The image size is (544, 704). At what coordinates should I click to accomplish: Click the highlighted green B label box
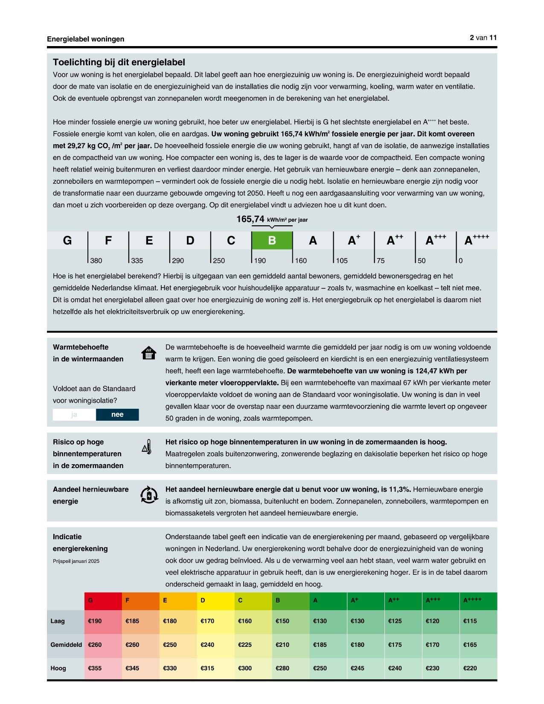272,241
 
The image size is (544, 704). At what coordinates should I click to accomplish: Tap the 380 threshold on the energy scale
96,261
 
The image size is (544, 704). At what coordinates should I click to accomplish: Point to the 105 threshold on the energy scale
341,261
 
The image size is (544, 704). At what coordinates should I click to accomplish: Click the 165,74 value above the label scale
250,219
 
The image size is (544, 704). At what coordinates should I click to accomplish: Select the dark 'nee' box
117,415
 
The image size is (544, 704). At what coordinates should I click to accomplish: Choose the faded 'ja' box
74,415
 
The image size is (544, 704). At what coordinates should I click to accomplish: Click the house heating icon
148,353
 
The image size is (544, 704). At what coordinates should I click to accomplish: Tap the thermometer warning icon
147,446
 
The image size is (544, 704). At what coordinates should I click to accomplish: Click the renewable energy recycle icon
148,495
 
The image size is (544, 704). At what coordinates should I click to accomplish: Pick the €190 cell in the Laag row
95,621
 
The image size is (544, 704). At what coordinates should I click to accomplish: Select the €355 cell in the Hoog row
95,668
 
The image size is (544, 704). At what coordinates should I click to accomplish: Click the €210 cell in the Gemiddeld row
282,645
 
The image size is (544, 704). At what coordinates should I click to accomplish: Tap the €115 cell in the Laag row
470,621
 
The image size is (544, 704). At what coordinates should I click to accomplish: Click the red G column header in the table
103,601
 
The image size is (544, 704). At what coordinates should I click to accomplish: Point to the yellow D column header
215,601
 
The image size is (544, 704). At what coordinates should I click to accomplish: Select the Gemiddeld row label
66,645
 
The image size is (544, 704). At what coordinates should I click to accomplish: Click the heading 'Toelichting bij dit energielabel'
119,62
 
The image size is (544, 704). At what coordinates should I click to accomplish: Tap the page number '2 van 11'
483,38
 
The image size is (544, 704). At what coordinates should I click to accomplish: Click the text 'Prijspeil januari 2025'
76,561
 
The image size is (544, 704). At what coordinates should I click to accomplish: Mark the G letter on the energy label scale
67,241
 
